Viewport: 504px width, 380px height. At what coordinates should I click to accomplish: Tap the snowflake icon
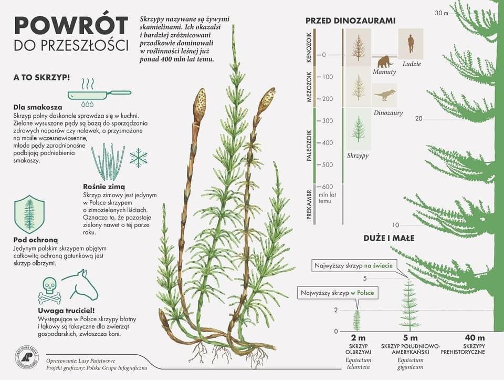139,158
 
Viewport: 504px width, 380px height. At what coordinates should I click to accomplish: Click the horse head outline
82,284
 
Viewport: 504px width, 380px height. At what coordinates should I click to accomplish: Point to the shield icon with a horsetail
29,214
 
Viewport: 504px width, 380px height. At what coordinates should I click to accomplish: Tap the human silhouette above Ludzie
411,45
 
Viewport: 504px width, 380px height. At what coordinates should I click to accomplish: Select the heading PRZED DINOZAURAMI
350,21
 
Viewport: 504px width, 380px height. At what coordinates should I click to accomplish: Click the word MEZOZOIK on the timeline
309,87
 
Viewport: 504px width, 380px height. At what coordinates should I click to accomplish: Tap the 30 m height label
442,13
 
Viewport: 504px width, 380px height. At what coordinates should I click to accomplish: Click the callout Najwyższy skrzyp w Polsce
337,293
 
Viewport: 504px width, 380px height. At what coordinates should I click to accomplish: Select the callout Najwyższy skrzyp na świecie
353,266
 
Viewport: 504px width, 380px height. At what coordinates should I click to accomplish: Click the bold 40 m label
475,338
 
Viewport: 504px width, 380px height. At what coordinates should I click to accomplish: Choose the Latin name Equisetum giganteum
410,364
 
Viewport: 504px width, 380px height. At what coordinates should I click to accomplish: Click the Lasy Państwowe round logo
27,358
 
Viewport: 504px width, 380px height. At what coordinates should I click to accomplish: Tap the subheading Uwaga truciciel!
67,311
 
